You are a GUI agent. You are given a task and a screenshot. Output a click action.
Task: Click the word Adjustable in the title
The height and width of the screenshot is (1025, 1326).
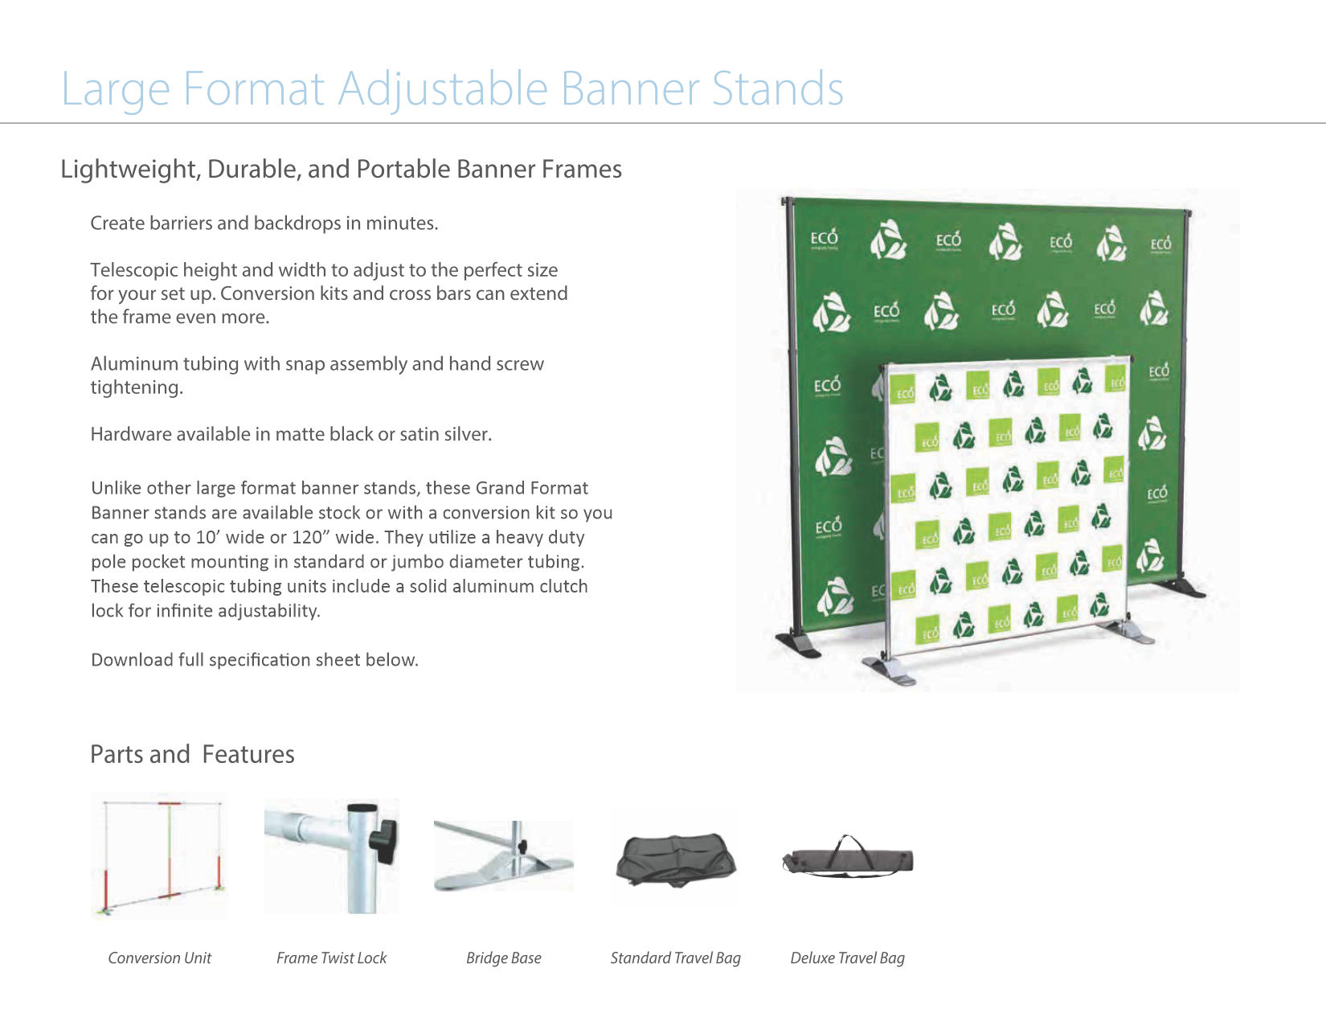pyautogui.click(x=444, y=88)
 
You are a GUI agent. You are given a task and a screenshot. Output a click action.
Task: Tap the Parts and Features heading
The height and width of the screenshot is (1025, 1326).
pyautogui.click(x=192, y=755)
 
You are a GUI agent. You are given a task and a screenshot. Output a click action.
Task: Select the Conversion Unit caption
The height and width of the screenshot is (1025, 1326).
pyautogui.click(x=160, y=958)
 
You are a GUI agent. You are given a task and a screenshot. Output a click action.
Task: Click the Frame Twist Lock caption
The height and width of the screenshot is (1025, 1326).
pyautogui.click(x=331, y=958)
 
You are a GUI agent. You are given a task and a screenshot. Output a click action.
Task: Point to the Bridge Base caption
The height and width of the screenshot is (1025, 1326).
pyautogui.click(x=504, y=958)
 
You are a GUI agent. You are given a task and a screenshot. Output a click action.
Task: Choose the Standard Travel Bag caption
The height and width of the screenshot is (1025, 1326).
pyautogui.click(x=675, y=958)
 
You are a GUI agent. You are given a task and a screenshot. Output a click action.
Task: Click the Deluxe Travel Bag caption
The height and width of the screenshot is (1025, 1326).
pyautogui.click(x=847, y=958)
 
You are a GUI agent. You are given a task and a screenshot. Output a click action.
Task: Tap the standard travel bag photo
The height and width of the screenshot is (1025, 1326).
pyautogui.click(x=676, y=859)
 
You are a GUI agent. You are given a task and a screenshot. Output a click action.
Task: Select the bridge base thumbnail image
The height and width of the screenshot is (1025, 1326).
pyautogui.click(x=504, y=857)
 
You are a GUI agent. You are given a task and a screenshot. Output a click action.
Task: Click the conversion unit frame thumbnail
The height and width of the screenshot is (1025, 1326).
pyautogui.click(x=160, y=856)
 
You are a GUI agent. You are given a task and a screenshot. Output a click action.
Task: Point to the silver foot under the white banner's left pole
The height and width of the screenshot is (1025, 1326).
pyautogui.click(x=889, y=670)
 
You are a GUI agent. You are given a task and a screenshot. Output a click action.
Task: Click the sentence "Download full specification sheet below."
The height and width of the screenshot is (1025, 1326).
pyautogui.click(x=254, y=660)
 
